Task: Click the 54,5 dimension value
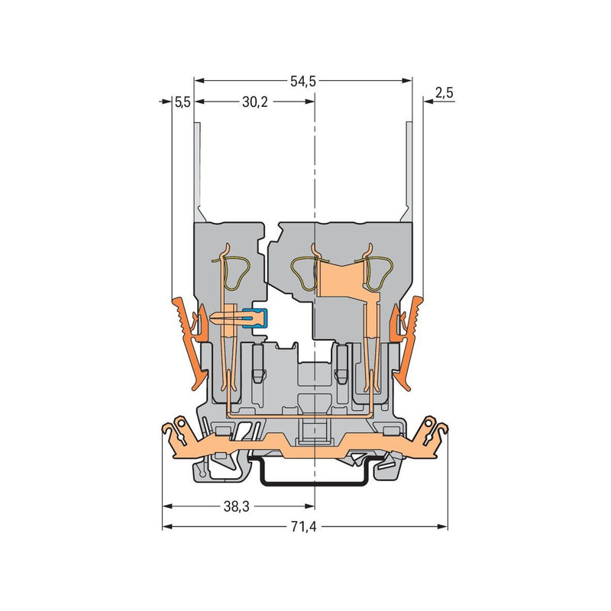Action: [x=303, y=82]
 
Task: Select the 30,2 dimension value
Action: [x=255, y=102]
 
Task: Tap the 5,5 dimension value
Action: [x=182, y=102]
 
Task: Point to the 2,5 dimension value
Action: [x=445, y=93]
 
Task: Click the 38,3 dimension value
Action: [x=236, y=506]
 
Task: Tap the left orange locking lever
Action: [x=189, y=343]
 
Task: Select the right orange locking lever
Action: [x=407, y=343]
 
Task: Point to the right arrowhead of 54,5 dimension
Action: [x=407, y=81]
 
